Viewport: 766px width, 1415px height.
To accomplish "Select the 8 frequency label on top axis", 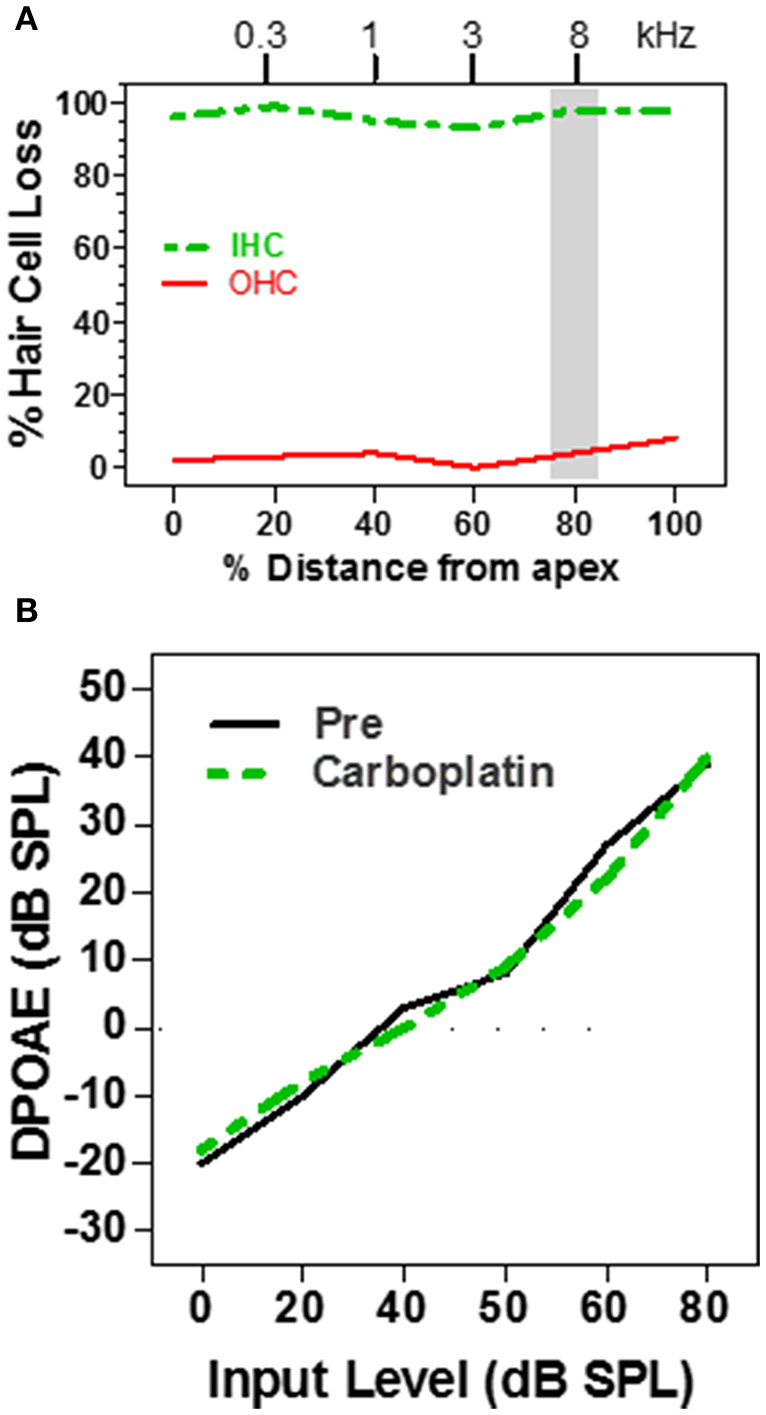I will click(577, 37).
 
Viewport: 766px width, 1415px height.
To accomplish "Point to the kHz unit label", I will click(666, 37).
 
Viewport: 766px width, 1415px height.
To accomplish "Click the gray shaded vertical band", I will click(574, 280).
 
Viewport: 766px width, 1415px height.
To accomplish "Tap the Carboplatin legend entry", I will click(432, 772).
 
